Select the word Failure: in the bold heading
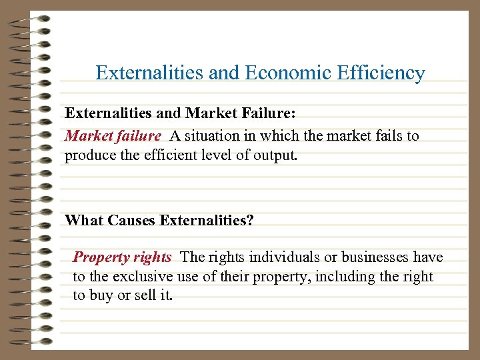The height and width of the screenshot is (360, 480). [274, 115]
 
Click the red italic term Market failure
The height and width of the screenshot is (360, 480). [113, 136]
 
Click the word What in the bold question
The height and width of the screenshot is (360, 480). [83, 220]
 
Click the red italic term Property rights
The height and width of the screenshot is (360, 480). [122, 257]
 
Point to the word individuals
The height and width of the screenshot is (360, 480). [265, 257]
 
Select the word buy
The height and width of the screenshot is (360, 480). [101, 295]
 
